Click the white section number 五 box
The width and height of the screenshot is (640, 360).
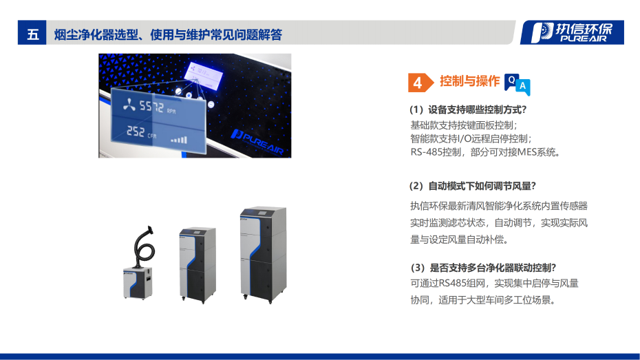(32, 34)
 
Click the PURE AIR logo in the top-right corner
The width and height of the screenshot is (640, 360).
(572, 32)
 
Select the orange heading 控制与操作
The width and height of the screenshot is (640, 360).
(469, 81)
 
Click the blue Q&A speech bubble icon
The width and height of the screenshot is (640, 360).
(517, 83)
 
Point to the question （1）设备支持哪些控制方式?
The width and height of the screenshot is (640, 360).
(468, 110)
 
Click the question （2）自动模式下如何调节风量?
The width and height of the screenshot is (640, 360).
(472, 186)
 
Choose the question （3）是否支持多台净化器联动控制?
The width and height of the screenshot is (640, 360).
(482, 268)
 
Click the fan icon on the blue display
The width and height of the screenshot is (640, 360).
(129, 105)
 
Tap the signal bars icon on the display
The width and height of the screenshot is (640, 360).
(179, 140)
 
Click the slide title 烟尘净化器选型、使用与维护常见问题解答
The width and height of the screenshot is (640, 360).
(169, 34)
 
